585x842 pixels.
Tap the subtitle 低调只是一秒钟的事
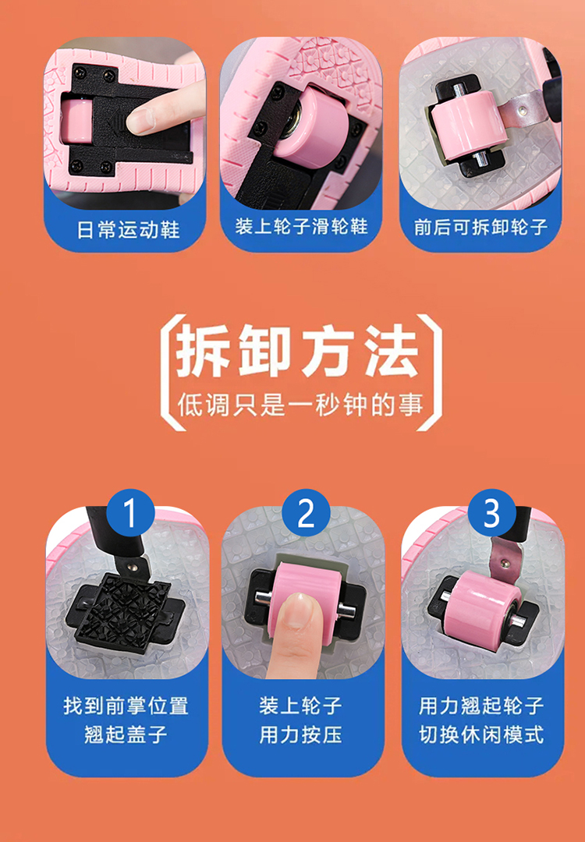(x=300, y=405)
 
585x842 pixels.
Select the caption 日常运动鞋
(x=128, y=229)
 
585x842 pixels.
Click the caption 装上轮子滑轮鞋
(x=301, y=226)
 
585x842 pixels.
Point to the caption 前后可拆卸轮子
(x=480, y=227)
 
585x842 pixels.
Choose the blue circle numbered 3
(x=491, y=513)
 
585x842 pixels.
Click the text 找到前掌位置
(x=126, y=706)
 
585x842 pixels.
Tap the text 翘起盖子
(x=126, y=734)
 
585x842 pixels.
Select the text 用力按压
(x=301, y=734)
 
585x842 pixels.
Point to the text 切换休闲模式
(x=482, y=734)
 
